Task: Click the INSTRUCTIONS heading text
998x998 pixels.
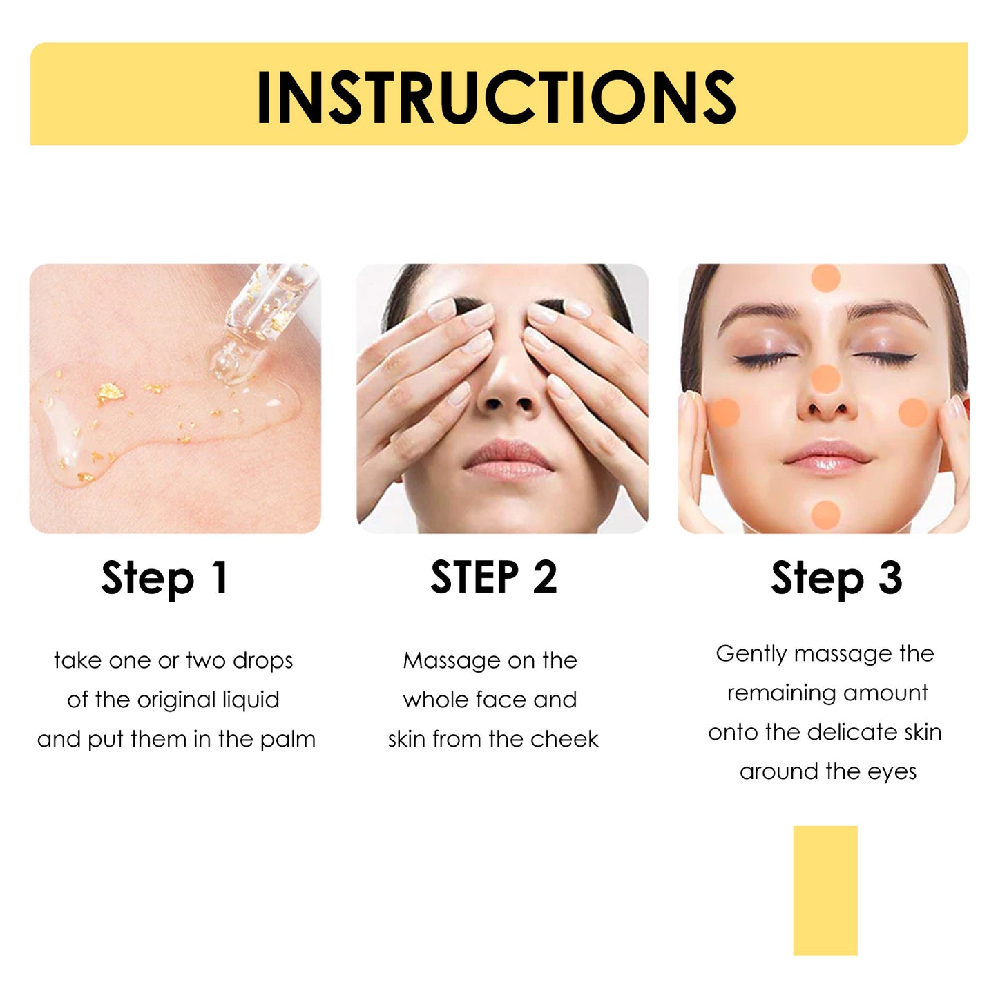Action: click(496, 97)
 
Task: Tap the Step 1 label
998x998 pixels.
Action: click(164, 577)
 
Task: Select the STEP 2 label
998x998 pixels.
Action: click(493, 577)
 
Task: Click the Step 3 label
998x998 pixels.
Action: click(836, 577)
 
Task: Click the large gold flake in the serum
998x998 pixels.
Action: click(110, 393)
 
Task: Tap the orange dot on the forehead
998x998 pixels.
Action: click(825, 278)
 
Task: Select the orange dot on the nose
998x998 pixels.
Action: click(825, 379)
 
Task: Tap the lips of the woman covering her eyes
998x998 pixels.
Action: click(508, 459)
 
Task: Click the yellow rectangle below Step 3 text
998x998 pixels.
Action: click(825, 890)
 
